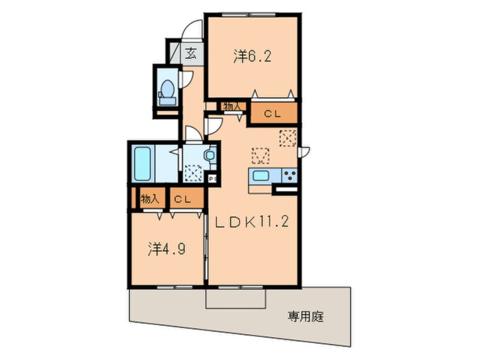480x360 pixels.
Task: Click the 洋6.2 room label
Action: [252, 57]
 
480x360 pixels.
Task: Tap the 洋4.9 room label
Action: [166, 249]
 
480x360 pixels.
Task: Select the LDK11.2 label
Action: [252, 222]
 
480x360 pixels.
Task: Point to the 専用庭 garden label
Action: [305, 316]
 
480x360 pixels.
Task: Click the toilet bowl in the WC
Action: [167, 88]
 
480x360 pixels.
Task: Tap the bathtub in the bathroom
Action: [142, 164]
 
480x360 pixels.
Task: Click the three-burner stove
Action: [289, 176]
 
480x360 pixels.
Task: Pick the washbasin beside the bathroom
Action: [210, 155]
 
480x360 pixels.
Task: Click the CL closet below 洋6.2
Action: [273, 114]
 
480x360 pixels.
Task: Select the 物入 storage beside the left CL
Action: [150, 199]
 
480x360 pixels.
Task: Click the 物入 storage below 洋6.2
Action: [234, 107]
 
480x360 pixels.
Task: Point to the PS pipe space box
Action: [212, 178]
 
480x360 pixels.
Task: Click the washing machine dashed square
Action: [193, 173]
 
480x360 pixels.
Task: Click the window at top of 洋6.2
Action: [249, 14]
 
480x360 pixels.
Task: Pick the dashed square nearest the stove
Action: [288, 138]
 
